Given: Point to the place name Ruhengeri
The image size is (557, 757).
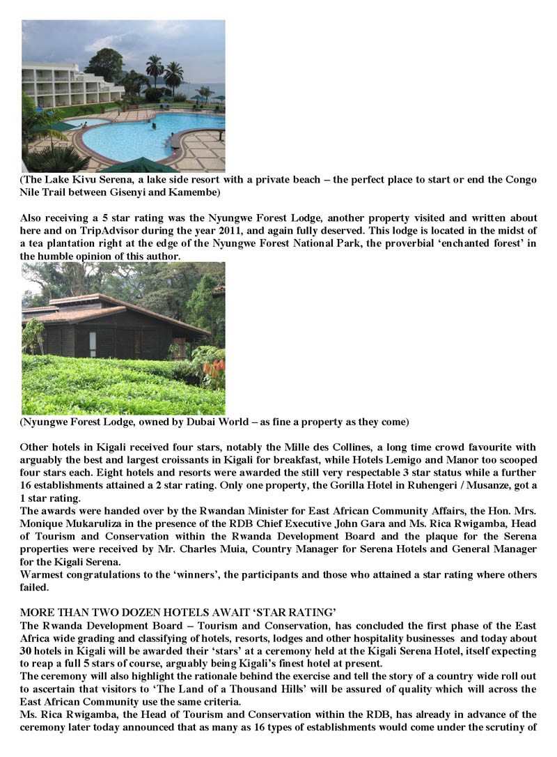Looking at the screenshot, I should click(411, 484).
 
